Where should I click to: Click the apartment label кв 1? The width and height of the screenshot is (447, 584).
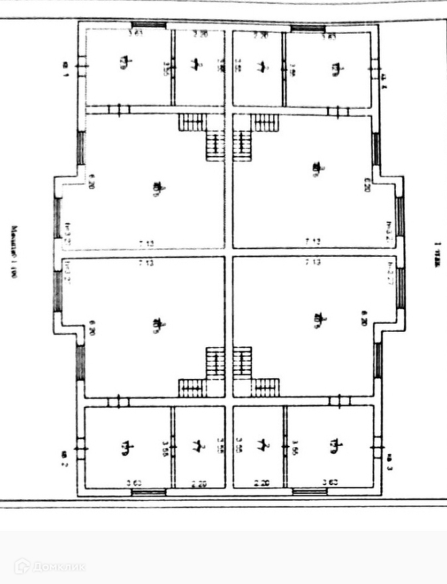tap(66, 68)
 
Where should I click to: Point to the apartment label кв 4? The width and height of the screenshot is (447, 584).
tap(383, 80)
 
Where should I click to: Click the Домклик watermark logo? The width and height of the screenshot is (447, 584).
tap(50, 566)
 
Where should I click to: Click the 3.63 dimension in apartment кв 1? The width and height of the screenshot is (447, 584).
tap(135, 33)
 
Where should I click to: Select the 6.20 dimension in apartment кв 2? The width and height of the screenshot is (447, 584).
tap(92, 328)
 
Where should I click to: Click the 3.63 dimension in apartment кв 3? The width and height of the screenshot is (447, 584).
tap(328, 484)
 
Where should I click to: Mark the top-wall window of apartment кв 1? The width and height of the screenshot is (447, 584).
tap(147, 25)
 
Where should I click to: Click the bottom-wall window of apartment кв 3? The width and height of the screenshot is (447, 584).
tap(309, 492)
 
